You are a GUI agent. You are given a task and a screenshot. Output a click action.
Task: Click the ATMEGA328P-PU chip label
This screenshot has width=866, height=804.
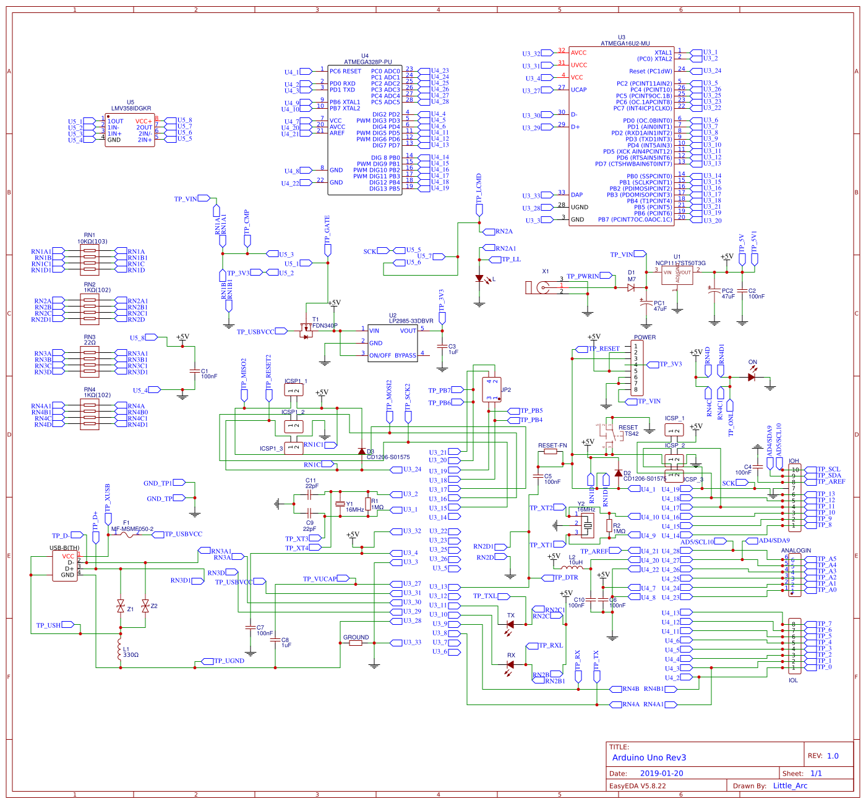[367, 62]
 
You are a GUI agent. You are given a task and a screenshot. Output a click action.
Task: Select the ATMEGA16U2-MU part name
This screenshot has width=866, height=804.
[625, 43]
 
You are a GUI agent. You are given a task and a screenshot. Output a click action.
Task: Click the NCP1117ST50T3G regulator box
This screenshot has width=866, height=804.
[677, 275]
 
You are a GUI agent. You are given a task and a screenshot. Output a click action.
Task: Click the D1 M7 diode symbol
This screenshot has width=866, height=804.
[631, 287]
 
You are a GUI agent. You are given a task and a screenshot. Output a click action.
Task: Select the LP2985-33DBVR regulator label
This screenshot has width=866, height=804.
[411, 321]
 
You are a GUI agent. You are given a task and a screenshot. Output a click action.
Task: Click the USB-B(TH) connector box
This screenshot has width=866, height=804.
[65, 565]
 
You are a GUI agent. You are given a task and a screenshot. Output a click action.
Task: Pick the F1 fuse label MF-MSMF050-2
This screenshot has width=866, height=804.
[132, 529]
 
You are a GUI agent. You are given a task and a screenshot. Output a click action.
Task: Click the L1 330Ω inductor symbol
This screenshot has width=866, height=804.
[120, 649]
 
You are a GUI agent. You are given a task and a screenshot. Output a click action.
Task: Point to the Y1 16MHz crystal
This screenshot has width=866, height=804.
[340, 504]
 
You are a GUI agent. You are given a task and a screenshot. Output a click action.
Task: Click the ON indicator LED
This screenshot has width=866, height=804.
[752, 377]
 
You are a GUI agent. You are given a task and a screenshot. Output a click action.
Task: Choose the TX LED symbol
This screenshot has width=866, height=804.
[510, 624]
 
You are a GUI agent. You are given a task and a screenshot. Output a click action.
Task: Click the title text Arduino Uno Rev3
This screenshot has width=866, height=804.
[649, 757]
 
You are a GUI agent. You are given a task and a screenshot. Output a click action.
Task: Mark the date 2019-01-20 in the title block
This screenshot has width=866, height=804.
[661, 773]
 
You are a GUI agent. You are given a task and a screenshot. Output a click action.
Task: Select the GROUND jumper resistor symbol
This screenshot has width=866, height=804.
[355, 643]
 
